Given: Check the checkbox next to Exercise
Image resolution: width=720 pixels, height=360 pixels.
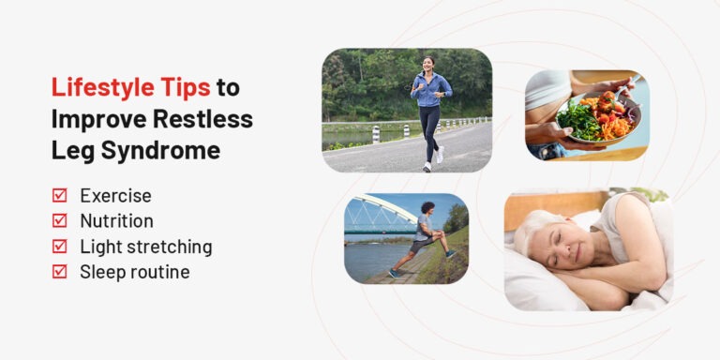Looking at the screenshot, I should point(60,196).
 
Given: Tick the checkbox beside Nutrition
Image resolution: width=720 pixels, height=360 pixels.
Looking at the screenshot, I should point(60,221).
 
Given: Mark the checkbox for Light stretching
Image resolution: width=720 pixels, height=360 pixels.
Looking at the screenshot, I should point(60,247).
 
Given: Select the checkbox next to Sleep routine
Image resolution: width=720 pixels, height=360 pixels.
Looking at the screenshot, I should point(60,272).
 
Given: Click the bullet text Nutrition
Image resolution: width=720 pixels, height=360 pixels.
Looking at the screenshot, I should point(116,221).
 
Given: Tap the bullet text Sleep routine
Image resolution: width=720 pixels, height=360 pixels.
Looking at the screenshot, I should point(134,272).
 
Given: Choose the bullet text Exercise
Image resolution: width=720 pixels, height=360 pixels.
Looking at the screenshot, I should point(115,196).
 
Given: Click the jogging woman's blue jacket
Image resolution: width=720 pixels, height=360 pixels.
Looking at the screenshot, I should point(431,91).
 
